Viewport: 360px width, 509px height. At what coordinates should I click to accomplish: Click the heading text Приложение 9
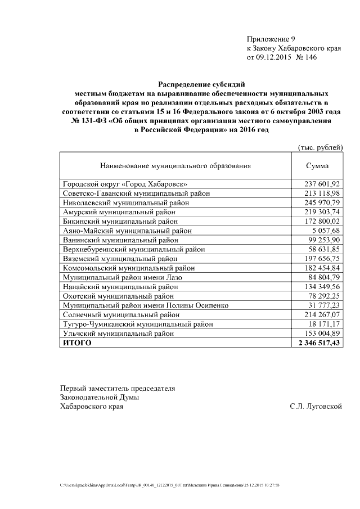click(x=271, y=39)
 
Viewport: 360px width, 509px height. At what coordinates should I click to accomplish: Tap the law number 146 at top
click(x=309, y=57)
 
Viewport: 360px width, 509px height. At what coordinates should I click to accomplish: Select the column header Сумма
click(x=317, y=166)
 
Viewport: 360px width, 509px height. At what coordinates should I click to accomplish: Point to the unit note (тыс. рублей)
click(x=319, y=147)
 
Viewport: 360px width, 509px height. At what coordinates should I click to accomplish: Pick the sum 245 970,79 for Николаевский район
click(x=322, y=202)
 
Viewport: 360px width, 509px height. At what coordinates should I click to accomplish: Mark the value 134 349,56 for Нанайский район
click(x=322, y=286)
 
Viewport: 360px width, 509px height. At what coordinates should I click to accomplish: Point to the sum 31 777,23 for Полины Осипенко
click(x=325, y=305)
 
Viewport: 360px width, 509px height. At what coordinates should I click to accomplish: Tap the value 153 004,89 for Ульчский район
click(x=322, y=333)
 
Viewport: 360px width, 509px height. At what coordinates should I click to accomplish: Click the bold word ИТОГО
click(x=77, y=343)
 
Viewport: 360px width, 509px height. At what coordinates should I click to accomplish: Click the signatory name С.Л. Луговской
click(x=316, y=406)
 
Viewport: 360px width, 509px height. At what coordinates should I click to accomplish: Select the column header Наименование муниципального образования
click(x=175, y=166)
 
